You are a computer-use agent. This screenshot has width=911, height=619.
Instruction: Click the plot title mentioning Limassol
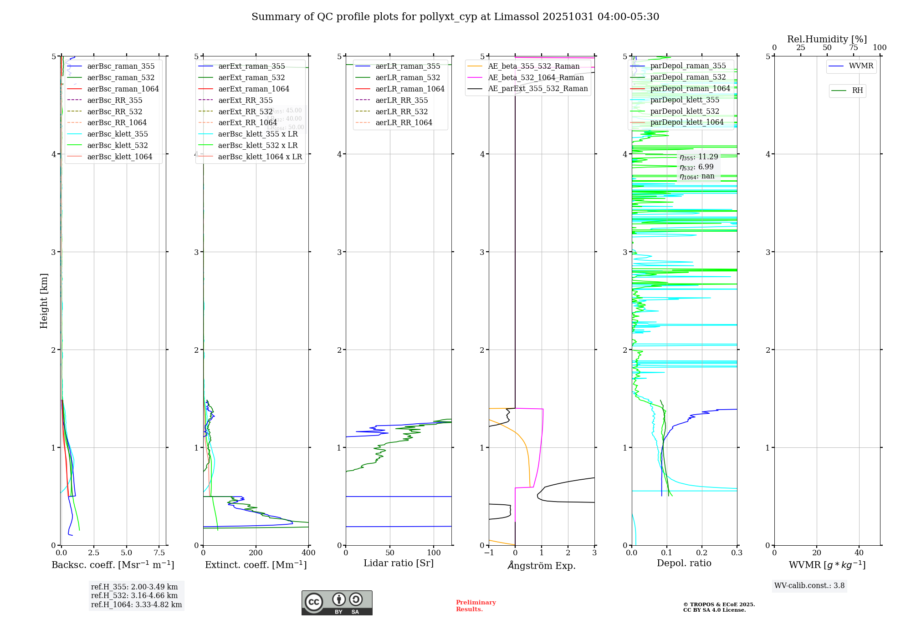coord(455,17)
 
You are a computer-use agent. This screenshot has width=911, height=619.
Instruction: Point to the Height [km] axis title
coord(44,300)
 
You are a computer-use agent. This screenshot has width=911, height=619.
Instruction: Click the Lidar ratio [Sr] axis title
coord(399,563)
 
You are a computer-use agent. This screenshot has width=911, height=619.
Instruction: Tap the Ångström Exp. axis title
coord(542,565)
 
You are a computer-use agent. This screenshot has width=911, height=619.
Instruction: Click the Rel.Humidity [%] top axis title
coord(827,39)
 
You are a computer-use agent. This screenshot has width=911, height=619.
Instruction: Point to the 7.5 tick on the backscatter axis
coord(159,553)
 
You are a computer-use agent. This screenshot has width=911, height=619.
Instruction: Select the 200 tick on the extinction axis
coord(256,553)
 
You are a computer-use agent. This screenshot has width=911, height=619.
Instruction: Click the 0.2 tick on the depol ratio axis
coord(702,553)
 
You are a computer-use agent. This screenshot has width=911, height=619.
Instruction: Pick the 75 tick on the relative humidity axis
coord(853,48)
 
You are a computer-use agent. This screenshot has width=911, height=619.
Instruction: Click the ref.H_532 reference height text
coord(134,595)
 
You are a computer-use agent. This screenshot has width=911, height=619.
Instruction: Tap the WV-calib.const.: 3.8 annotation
coord(809,585)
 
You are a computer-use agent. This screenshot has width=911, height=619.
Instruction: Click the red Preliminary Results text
coord(476,605)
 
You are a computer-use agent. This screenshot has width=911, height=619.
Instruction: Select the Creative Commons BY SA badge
coord(337,603)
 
